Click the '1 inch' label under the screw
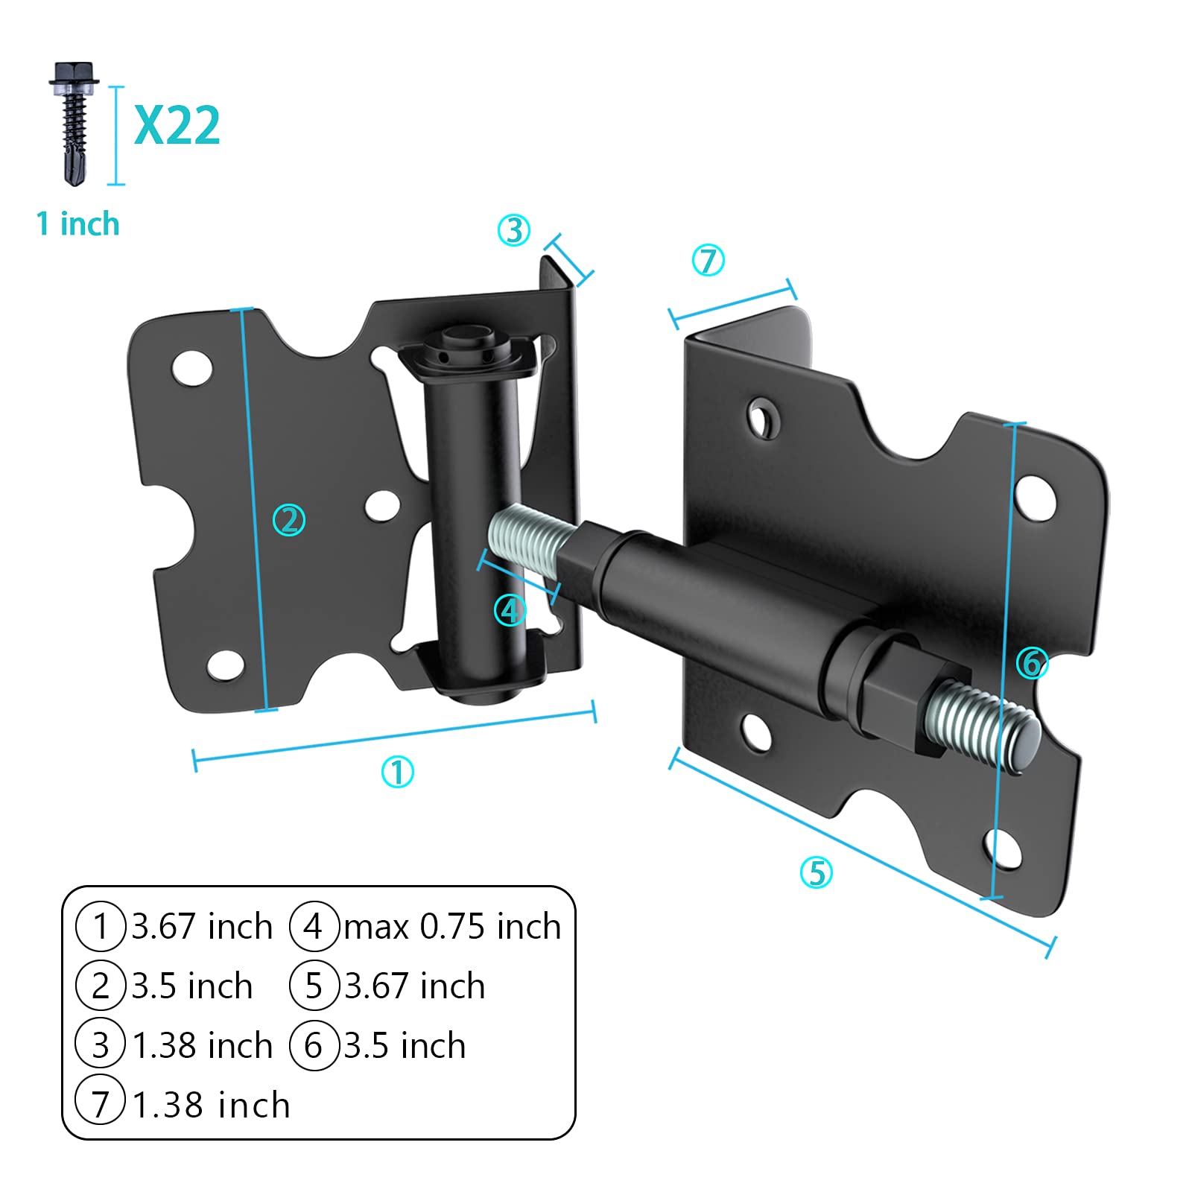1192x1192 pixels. click(77, 223)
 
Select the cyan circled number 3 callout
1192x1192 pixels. click(514, 230)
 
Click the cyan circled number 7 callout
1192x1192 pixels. click(708, 261)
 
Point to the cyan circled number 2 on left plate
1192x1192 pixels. click(289, 520)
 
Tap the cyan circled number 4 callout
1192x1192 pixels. click(510, 611)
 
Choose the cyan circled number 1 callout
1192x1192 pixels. click(397, 772)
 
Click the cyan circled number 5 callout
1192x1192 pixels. click(816, 872)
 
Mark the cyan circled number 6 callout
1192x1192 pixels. click(1033, 662)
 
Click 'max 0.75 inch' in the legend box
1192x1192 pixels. click(451, 927)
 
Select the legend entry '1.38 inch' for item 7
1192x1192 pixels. click(211, 1105)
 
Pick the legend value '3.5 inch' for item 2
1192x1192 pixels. click(192, 986)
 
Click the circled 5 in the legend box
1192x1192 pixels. click(314, 986)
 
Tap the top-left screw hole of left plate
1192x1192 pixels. click(191, 367)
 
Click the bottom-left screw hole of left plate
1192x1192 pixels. click(225, 665)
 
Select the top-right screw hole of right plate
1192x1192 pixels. click(1036, 497)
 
